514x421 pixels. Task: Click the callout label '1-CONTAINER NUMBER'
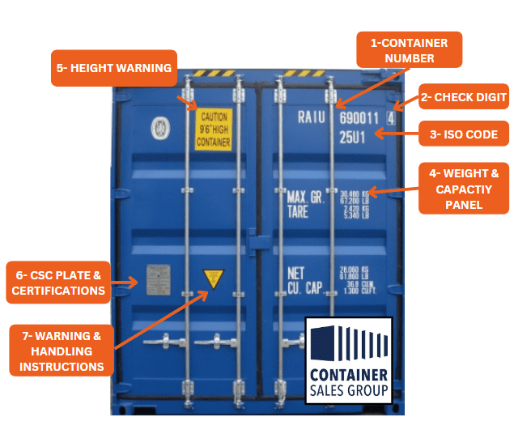(x=409, y=49)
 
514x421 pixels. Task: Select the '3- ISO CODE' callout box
(x=464, y=134)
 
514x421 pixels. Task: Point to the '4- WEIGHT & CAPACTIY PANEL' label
(x=464, y=188)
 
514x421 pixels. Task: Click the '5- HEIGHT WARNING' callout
(x=114, y=69)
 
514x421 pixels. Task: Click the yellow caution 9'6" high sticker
(x=213, y=130)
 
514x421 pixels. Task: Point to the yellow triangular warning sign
(x=213, y=280)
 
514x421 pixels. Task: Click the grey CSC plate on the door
(x=158, y=279)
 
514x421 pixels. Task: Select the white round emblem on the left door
(x=158, y=127)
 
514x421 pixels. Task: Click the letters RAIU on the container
(x=311, y=118)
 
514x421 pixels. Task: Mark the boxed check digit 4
(x=391, y=118)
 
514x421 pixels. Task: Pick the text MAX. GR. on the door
(x=306, y=197)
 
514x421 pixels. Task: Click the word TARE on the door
(x=299, y=212)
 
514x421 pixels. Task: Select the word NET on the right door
(x=296, y=273)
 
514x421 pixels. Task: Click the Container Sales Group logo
(x=349, y=360)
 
